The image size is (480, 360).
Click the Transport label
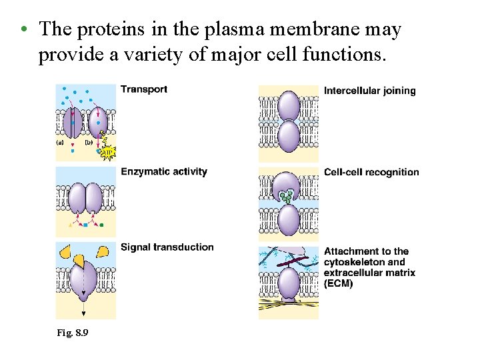point(143,89)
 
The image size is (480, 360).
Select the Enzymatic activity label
point(164,172)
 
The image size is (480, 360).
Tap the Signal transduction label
point(167,247)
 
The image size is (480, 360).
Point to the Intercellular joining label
point(369,91)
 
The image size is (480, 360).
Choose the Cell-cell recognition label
point(371,172)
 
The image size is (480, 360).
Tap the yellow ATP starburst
point(107,153)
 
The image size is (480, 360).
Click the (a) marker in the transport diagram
point(60,142)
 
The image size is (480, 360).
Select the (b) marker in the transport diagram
point(88,142)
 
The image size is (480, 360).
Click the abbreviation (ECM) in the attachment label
point(339,283)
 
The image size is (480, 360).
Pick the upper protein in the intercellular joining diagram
point(289,105)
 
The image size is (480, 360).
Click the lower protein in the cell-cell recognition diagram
point(289,220)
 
